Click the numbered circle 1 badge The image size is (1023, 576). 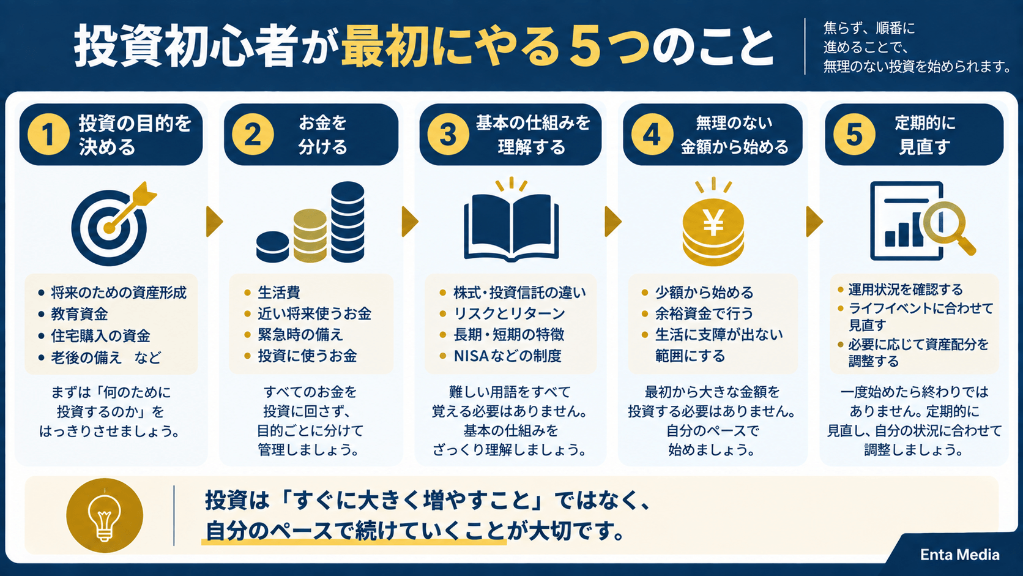48,134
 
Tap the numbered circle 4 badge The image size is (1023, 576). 652,134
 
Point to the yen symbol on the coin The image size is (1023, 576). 713,224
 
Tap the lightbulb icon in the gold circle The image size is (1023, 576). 105,516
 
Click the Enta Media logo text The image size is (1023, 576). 959,555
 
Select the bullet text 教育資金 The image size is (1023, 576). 80,314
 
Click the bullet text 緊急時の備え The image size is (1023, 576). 300,334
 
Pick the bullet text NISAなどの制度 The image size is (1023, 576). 507,356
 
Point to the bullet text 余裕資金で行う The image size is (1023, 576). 704,313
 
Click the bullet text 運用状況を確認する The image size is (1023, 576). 906,290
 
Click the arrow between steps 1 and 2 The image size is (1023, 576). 214,222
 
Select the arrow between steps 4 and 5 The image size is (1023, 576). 814,222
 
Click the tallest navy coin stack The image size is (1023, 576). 348,222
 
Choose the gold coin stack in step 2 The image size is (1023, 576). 310,236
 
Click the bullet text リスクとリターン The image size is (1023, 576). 509,313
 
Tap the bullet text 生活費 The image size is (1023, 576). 279,293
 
